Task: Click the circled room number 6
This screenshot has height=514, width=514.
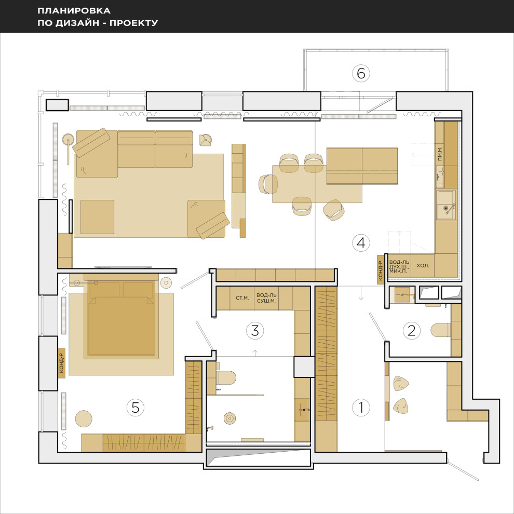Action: pos(361,73)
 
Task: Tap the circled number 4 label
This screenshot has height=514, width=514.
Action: pos(361,243)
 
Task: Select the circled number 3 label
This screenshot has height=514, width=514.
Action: pos(255,330)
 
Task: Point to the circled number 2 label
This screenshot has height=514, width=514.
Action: pos(411,330)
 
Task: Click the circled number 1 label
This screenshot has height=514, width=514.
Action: pos(361,408)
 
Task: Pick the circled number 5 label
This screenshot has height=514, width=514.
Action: pos(136,408)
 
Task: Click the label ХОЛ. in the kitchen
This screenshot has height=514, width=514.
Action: pos(423,265)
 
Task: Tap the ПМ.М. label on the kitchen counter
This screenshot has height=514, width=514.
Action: pos(440,153)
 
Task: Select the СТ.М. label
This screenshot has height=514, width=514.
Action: pos(242,298)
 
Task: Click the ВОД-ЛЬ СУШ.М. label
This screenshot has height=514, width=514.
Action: pos(266,298)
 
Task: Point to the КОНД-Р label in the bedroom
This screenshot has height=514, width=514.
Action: pos(61,363)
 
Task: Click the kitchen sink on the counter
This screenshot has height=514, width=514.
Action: pos(446,205)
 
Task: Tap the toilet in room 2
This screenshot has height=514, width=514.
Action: pos(441,330)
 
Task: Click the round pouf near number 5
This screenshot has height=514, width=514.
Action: pos(84,418)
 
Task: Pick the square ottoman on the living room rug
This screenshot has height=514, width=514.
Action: pos(98,217)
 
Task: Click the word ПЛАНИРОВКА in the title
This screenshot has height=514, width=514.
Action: pos(74,10)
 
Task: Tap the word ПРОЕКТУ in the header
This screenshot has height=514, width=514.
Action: pos(134,23)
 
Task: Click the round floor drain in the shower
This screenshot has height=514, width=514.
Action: pos(230,418)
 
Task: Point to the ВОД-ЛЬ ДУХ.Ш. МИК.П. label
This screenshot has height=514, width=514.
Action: pos(399,266)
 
